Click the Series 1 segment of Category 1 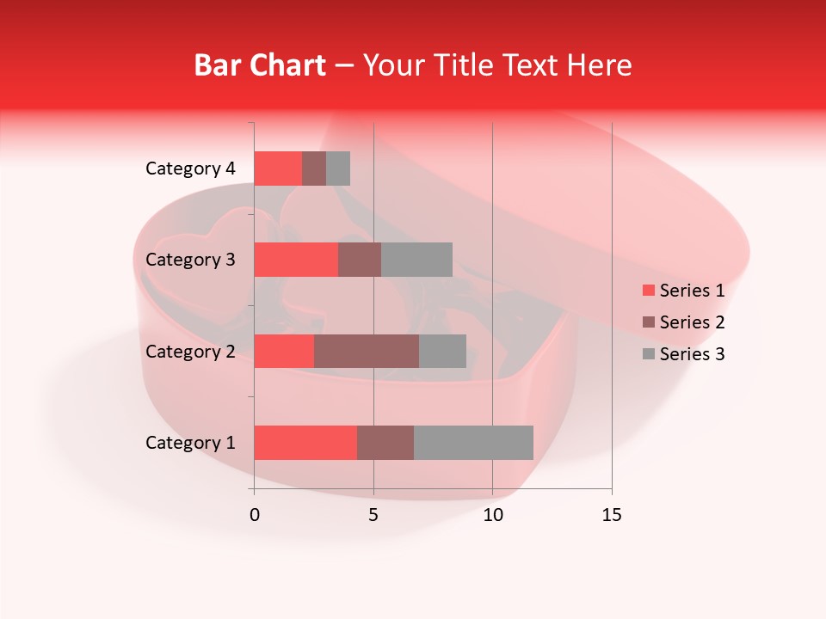305,443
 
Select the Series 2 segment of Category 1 385,443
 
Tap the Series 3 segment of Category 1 473,443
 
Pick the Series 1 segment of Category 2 284,351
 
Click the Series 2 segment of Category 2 367,351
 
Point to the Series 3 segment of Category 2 442,351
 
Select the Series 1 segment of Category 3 296,260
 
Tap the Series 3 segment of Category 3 416,260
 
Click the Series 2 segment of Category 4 314,169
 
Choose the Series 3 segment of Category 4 338,169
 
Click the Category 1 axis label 190,443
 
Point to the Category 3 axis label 190,260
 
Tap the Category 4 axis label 190,169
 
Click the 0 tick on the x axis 255,515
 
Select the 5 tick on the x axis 373,515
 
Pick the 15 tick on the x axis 611,515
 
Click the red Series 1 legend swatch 648,291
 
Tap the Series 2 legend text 692,322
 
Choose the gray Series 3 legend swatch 648,354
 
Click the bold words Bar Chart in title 260,65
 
